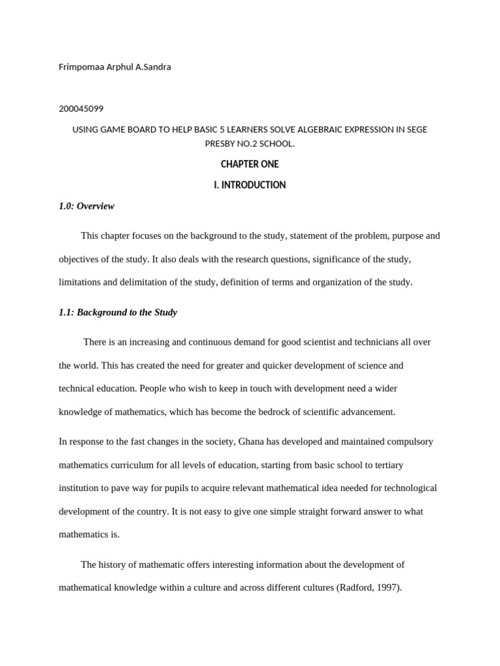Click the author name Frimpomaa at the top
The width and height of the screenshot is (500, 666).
(80, 67)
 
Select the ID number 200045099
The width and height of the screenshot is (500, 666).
(81, 109)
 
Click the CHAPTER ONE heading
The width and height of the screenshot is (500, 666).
(249, 165)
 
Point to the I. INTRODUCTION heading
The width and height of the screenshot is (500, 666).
(249, 185)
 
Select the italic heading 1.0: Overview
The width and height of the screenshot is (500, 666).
(87, 206)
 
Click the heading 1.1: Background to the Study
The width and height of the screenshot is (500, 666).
(118, 313)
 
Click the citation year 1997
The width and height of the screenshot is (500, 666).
(388, 588)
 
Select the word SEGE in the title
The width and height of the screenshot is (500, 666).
(416, 129)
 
